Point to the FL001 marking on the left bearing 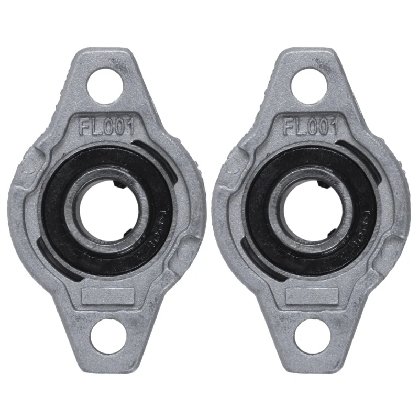(x=107, y=126)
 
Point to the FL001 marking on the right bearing (x=311, y=126)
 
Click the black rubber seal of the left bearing (x=58, y=220)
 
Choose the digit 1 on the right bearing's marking (x=333, y=126)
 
